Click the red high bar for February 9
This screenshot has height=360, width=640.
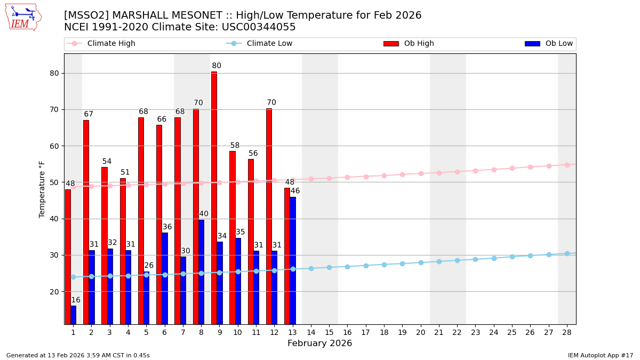pyautogui.click(x=214, y=197)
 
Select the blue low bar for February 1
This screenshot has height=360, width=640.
pyautogui.click(x=73, y=315)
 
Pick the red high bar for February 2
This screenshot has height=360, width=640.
pyautogui.click(x=86, y=222)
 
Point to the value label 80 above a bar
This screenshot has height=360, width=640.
pyautogui.click(x=217, y=66)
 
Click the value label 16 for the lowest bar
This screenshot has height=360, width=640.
pyautogui.click(x=76, y=300)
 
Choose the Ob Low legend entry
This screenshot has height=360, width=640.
pyautogui.click(x=549, y=44)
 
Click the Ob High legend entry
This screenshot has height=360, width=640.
pyautogui.click(x=409, y=44)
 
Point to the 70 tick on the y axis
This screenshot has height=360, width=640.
pyautogui.click(x=54, y=110)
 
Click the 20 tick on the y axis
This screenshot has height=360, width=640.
pyautogui.click(x=54, y=292)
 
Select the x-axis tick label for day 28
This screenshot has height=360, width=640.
pyautogui.click(x=567, y=332)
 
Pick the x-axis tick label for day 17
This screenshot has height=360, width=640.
pyautogui.click(x=366, y=332)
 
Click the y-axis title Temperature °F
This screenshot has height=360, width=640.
pyautogui.click(x=42, y=189)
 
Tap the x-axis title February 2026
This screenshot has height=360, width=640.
pyautogui.click(x=320, y=343)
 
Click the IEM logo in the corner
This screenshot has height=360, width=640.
pyautogui.click(x=23, y=17)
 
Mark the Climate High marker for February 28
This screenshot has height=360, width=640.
pyautogui.click(x=567, y=165)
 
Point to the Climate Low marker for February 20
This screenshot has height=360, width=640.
pyautogui.click(x=421, y=262)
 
